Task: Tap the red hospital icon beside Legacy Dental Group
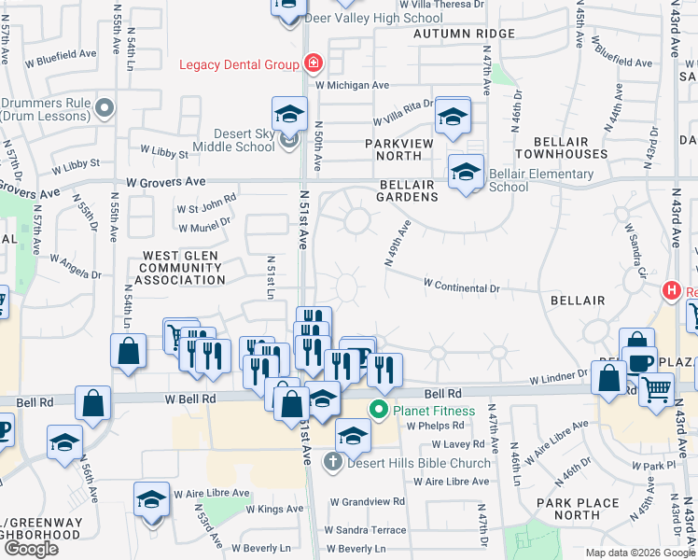click(x=314, y=63)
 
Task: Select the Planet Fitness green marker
click(x=378, y=409)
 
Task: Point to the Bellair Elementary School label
click(x=541, y=180)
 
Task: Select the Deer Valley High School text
click(x=373, y=18)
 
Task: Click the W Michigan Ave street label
click(x=352, y=85)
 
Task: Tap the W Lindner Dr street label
click(x=560, y=378)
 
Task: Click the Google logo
click(x=31, y=549)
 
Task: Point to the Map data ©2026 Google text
click(x=641, y=553)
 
